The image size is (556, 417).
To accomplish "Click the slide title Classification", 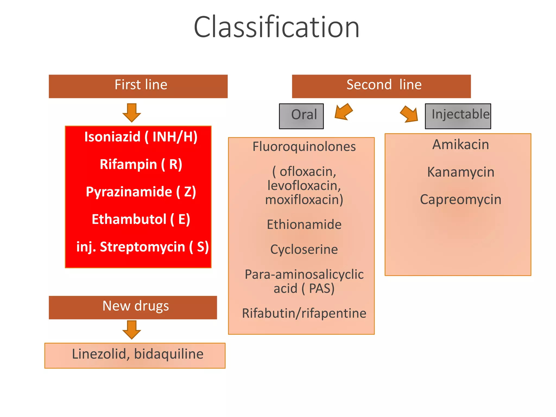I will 276,27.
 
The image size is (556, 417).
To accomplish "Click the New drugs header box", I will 133,307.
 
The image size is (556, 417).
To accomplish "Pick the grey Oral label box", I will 301,116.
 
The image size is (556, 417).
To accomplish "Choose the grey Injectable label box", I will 458,116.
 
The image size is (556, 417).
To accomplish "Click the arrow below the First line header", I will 132,112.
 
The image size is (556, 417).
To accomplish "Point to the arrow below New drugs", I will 132,330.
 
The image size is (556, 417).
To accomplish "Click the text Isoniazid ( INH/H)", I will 141,137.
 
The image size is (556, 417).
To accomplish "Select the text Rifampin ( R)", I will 141,164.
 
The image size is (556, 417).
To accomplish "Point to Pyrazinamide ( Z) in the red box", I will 141,192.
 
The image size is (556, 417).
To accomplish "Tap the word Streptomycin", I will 142,247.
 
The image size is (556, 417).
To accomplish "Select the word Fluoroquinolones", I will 304,147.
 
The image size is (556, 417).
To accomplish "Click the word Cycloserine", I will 304,249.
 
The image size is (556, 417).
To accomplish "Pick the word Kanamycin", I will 461,172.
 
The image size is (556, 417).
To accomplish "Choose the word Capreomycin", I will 461,200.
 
